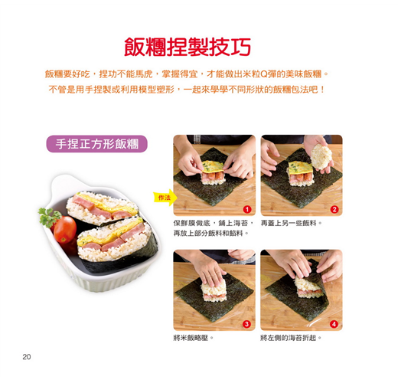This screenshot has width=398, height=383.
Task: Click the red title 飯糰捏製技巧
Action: pos(188,47)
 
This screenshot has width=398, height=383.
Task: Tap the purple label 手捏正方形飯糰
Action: pos(96,144)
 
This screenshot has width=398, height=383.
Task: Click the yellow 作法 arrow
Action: pos(165,198)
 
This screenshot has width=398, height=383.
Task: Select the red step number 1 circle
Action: pos(247,210)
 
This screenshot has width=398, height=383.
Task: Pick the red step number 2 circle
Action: pos(334,210)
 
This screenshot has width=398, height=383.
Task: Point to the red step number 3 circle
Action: pos(246,324)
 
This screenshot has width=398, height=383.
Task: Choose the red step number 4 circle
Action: pos(334,324)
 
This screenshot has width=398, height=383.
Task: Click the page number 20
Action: pos(27,357)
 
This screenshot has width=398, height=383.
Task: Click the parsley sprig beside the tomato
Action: pos(48,217)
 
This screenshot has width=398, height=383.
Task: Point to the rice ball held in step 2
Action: pos(321,156)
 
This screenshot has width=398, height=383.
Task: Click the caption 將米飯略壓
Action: pos(193,338)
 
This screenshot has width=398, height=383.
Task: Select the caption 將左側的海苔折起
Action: pos(291,338)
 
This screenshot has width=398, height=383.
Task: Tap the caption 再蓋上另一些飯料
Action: pos(292,223)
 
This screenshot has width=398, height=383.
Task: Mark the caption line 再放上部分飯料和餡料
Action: pos(211,233)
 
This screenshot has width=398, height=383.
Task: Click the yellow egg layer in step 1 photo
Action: pos(213,166)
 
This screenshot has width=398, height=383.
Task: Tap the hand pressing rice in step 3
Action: pos(210,270)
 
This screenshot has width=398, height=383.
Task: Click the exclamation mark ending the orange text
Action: pos(322,90)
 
